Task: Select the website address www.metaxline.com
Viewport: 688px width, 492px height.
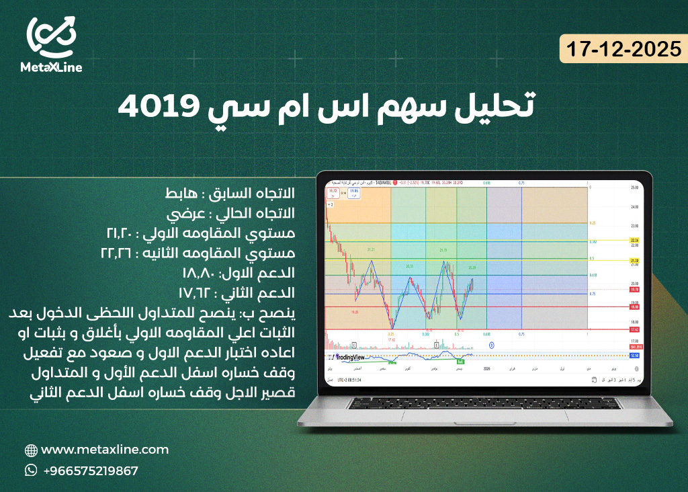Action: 105,450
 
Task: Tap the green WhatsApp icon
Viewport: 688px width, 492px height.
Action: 31,470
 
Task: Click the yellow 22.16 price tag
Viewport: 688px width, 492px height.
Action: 634,240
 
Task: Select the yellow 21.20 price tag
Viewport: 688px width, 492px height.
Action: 634,259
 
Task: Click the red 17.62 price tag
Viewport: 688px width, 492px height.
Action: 634,329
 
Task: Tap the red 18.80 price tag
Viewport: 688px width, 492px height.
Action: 634,306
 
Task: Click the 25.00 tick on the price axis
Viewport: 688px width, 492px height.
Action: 633,188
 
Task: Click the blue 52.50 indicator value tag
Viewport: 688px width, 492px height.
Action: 634,356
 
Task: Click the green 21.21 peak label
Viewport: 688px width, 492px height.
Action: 371,249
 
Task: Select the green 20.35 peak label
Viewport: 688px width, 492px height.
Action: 409,266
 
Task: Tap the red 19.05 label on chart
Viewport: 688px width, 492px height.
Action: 355,313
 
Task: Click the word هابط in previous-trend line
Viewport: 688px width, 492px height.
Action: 180,194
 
